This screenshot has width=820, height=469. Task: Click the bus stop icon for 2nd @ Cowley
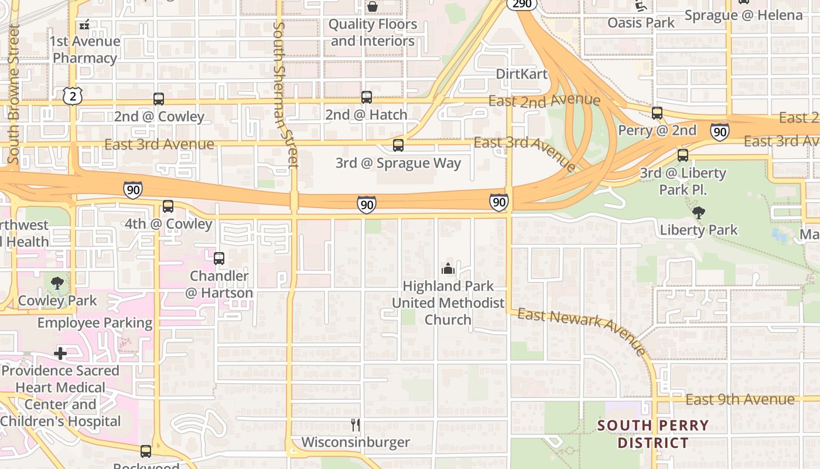point(159,99)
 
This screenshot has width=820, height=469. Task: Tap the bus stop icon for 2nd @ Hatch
point(367,97)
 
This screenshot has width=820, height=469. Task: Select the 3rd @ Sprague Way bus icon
point(398,145)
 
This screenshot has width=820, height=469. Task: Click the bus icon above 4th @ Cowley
point(168,206)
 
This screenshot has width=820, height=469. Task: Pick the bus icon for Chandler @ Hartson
point(219,259)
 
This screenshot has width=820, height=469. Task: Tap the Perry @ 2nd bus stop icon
point(657,113)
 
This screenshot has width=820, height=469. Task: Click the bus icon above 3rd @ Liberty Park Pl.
point(683,155)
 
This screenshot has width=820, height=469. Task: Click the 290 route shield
point(521,4)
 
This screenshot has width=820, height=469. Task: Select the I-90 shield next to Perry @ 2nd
point(720,132)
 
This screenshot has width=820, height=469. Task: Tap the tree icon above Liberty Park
point(698,212)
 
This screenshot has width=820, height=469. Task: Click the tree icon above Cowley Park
point(57,284)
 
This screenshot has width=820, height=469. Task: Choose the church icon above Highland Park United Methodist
point(448,269)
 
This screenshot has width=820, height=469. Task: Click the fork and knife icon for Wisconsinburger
point(356,425)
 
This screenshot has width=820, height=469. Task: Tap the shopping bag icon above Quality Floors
point(373,7)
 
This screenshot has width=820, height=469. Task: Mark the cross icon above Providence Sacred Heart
point(60,354)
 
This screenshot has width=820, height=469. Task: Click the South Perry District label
point(652,434)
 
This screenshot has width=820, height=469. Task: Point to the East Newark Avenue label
point(582,331)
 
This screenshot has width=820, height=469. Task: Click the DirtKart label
point(521,74)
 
